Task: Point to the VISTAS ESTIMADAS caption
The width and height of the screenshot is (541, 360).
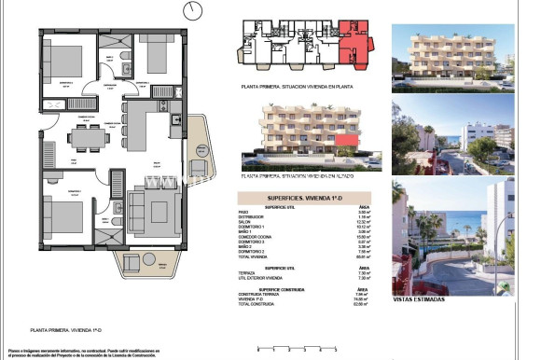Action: (x=419, y=299)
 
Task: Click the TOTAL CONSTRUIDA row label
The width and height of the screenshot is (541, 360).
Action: (x=258, y=304)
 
